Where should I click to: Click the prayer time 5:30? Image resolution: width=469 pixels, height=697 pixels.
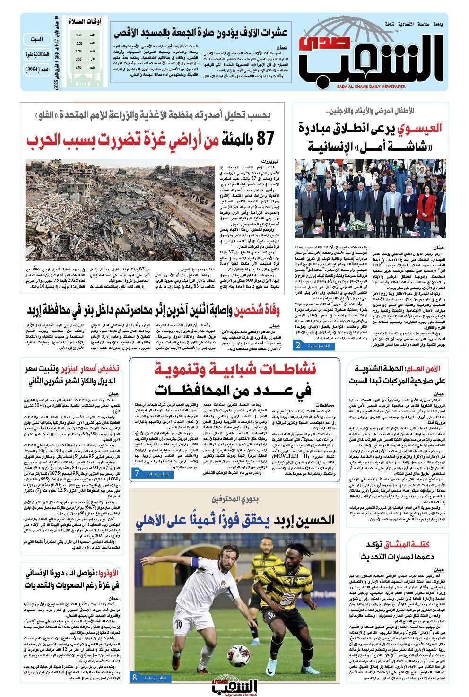click(x=78, y=36)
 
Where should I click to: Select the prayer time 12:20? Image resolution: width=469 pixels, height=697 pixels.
click(x=78, y=44)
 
